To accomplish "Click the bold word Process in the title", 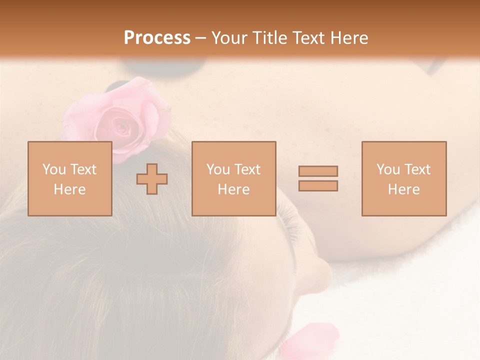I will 157,38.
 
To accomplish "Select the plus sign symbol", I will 152,179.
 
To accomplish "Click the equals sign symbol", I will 318,178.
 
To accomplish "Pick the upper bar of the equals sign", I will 318,171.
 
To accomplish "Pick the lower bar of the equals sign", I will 318,185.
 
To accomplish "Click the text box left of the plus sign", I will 70,178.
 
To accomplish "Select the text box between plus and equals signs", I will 234,178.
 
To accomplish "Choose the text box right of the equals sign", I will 404,178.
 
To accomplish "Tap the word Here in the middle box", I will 233,189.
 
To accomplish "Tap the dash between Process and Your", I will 201,38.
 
